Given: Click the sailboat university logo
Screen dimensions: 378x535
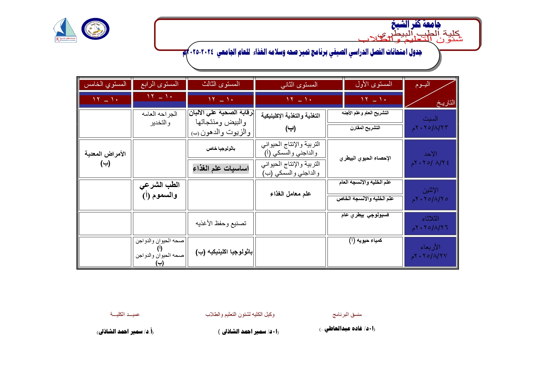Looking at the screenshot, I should (x=65, y=30).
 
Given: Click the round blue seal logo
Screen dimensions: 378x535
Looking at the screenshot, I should (x=95, y=29).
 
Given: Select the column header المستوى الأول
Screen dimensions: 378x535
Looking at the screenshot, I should (x=373, y=84).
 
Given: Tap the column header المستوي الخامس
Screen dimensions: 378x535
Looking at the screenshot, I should (x=105, y=84).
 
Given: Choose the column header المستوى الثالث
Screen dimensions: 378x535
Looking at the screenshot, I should (x=221, y=84).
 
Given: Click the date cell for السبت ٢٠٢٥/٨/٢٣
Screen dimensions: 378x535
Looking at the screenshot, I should (x=430, y=123).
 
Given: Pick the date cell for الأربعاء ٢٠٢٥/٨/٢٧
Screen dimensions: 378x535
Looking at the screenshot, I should (x=430, y=252).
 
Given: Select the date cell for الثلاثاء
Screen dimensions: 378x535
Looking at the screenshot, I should (x=430, y=223).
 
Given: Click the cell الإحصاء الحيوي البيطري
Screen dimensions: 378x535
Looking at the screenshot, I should (x=365, y=158).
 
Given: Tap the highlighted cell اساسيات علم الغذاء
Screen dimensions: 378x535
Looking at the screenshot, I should (x=221, y=168).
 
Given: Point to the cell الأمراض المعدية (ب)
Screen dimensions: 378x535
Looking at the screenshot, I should (x=105, y=158).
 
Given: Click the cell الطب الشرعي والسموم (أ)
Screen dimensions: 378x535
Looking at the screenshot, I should (x=159, y=190).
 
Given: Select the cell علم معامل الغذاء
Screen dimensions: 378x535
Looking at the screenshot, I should (x=290, y=194).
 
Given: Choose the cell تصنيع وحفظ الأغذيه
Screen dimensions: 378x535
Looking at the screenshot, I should (x=221, y=224).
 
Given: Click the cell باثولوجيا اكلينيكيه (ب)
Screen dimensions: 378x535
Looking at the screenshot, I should (x=224, y=252).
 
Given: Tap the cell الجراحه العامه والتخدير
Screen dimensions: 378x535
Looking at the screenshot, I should (x=159, y=118).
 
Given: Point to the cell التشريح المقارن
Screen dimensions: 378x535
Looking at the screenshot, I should (x=365, y=128).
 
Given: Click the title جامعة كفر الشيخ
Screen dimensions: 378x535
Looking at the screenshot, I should (x=416, y=24).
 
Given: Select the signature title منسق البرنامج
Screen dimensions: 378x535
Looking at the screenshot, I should (x=347, y=314).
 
